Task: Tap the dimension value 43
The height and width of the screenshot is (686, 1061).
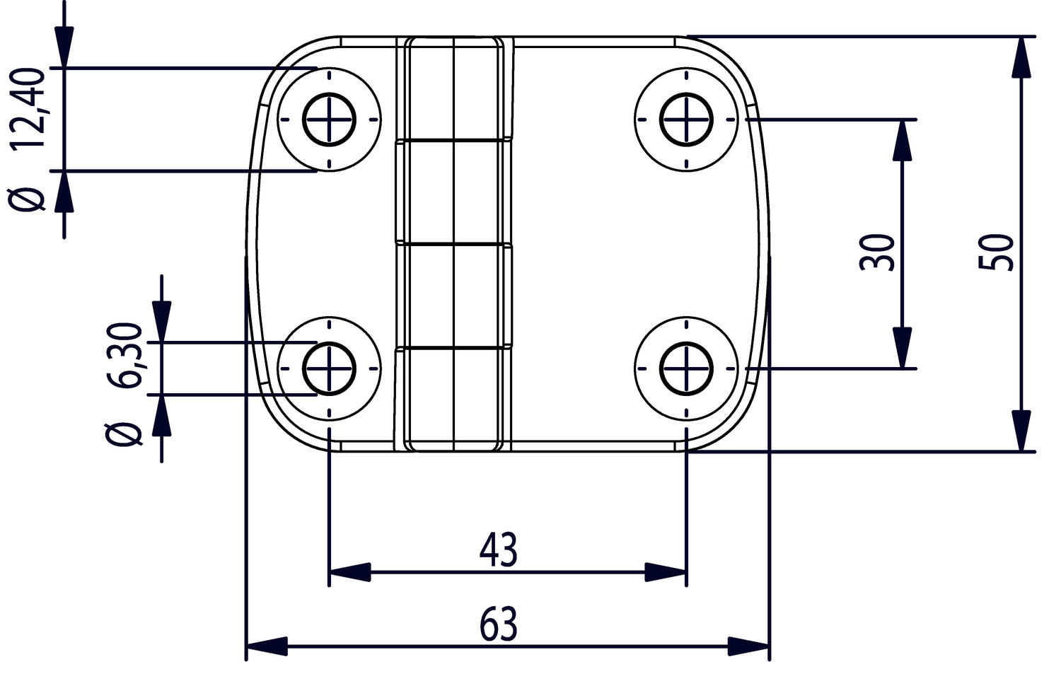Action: (x=499, y=550)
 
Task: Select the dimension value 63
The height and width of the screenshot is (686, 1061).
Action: (x=499, y=624)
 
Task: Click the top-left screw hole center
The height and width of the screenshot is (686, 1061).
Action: (x=329, y=120)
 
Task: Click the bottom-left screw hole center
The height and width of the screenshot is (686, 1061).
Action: (x=329, y=368)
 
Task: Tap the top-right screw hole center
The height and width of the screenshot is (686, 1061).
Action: (x=686, y=120)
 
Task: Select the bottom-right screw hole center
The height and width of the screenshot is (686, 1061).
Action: (x=686, y=368)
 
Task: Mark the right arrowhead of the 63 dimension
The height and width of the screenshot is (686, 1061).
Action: (x=748, y=646)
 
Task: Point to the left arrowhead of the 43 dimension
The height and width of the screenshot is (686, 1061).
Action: (x=350, y=571)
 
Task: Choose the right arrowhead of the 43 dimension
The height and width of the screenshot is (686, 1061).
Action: (x=665, y=571)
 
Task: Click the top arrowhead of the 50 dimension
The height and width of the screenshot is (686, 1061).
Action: (x=1020, y=57)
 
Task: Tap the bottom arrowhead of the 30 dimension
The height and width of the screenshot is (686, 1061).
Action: (x=902, y=348)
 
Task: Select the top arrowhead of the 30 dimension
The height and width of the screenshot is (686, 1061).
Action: (x=902, y=140)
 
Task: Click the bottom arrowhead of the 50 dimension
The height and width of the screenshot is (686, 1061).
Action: (x=1020, y=430)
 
